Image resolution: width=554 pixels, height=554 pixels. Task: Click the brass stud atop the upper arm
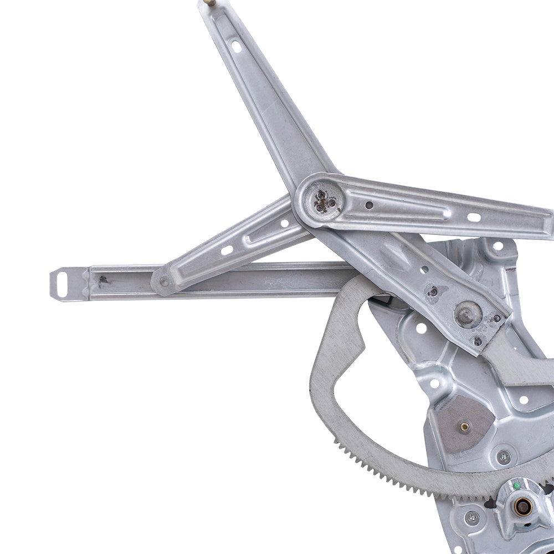(x=209, y=2)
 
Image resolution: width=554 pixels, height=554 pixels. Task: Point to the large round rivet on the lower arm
(x=468, y=314)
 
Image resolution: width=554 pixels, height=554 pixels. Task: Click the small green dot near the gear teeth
(x=516, y=486)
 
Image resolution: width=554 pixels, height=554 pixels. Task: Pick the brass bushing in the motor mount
(x=522, y=505)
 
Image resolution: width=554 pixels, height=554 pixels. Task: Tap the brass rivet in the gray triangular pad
(x=464, y=427)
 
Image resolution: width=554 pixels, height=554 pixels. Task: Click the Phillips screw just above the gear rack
(x=504, y=457)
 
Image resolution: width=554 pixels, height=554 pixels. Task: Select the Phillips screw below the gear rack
(x=472, y=519)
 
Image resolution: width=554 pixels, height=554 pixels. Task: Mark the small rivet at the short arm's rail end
(x=163, y=282)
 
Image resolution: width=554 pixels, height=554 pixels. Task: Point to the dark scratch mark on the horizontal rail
(x=103, y=280)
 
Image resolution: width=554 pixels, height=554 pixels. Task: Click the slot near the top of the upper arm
(x=237, y=46)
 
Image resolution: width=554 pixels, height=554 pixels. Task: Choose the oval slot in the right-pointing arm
(x=474, y=217)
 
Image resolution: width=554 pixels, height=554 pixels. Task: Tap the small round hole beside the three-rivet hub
(x=369, y=205)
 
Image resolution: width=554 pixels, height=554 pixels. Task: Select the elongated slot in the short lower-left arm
(x=227, y=250)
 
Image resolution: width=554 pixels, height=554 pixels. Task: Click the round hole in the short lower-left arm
(x=285, y=223)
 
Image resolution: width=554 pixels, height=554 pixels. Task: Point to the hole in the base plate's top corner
(x=497, y=246)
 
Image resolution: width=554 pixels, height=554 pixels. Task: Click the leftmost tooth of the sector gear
(x=336, y=440)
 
